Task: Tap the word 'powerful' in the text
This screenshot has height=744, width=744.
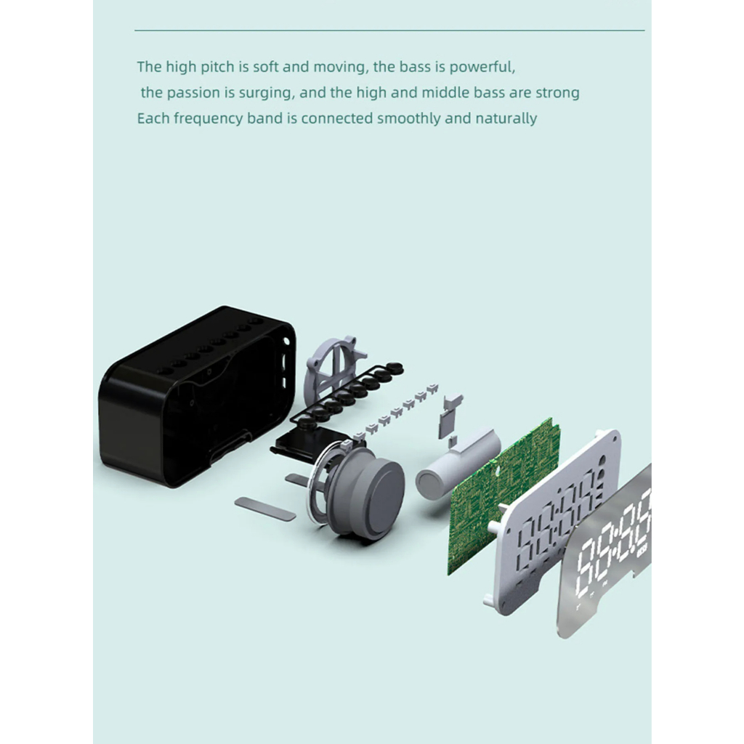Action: pos(482,67)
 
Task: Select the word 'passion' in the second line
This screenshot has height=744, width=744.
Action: pos(193,92)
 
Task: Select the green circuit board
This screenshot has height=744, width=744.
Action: pos(503,496)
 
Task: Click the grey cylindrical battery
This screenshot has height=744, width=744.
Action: pos(458,465)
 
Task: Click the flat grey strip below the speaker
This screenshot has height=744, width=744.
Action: pos(264,509)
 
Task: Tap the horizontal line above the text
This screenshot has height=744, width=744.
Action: pos(389,31)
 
